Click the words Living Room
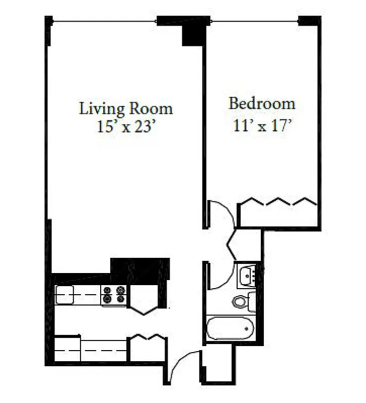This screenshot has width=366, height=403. [125, 108]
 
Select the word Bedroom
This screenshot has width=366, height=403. [262, 104]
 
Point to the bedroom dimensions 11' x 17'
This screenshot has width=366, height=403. [262, 125]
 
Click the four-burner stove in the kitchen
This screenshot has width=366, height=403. [114, 295]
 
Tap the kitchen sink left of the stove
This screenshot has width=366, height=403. [65, 295]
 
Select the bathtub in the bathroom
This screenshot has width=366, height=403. [230, 328]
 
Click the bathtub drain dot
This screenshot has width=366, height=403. [247, 328]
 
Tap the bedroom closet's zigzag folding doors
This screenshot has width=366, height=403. [277, 202]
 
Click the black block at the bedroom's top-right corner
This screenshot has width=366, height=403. [309, 21]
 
